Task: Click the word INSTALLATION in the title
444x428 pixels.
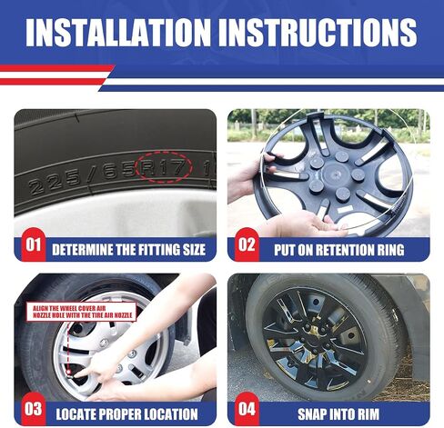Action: click(118, 32)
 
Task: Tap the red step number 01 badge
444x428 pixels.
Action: click(34, 244)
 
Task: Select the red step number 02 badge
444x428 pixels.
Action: click(247, 244)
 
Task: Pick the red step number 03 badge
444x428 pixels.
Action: click(34, 409)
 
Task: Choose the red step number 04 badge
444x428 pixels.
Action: click(247, 409)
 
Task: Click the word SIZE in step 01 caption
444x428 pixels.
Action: click(194, 250)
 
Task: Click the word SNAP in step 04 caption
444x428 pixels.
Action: click(311, 414)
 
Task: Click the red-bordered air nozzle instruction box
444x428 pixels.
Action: click(81, 312)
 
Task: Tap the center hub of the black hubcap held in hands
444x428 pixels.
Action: click(334, 174)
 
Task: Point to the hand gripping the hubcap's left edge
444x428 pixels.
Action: click(248, 179)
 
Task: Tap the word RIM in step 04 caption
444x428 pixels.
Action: click(368, 414)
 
